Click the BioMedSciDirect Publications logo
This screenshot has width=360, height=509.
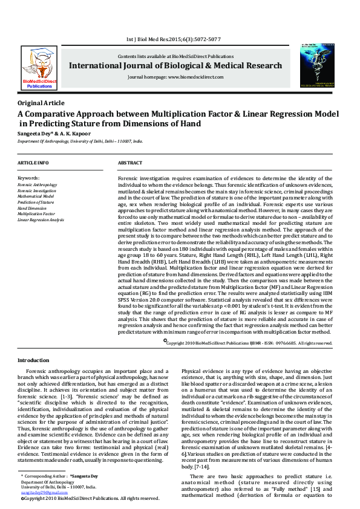[39, 68]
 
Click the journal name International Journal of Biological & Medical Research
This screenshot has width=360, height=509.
[175, 65]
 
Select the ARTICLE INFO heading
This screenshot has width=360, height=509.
[33, 163]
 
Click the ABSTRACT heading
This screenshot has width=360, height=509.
[129, 163]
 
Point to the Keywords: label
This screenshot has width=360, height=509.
[28, 178]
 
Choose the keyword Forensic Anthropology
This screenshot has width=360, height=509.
[38, 184]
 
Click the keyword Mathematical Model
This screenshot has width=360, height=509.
[36, 196]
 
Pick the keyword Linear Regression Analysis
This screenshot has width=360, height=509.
[41, 220]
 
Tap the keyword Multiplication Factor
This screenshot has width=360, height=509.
[36, 214]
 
